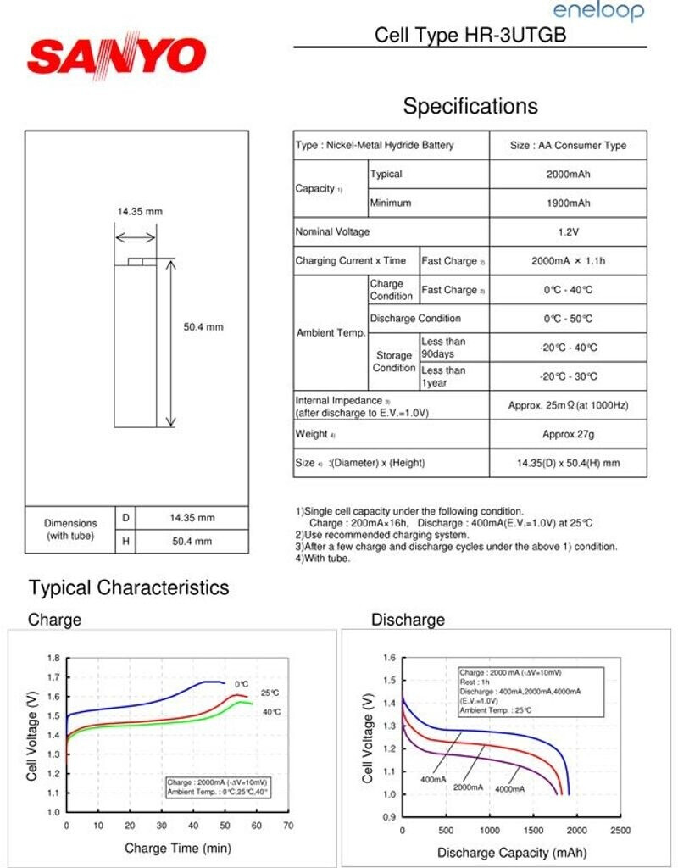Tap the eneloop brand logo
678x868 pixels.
(x=598, y=11)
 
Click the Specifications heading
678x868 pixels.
(x=470, y=106)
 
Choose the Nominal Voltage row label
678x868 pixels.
(x=332, y=231)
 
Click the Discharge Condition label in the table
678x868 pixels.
(x=415, y=319)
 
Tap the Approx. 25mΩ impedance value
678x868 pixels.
(x=568, y=405)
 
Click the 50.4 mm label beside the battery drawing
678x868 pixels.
(x=203, y=326)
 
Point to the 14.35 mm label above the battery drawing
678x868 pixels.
(x=139, y=211)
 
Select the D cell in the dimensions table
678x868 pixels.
(x=125, y=517)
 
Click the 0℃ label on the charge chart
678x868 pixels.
(x=242, y=684)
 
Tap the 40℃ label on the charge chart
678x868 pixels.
(x=271, y=712)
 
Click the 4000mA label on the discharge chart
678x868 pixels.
(x=510, y=790)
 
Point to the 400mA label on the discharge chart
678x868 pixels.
(x=433, y=778)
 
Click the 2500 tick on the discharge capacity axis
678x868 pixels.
(x=620, y=830)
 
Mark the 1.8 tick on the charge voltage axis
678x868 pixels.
(x=53, y=658)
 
